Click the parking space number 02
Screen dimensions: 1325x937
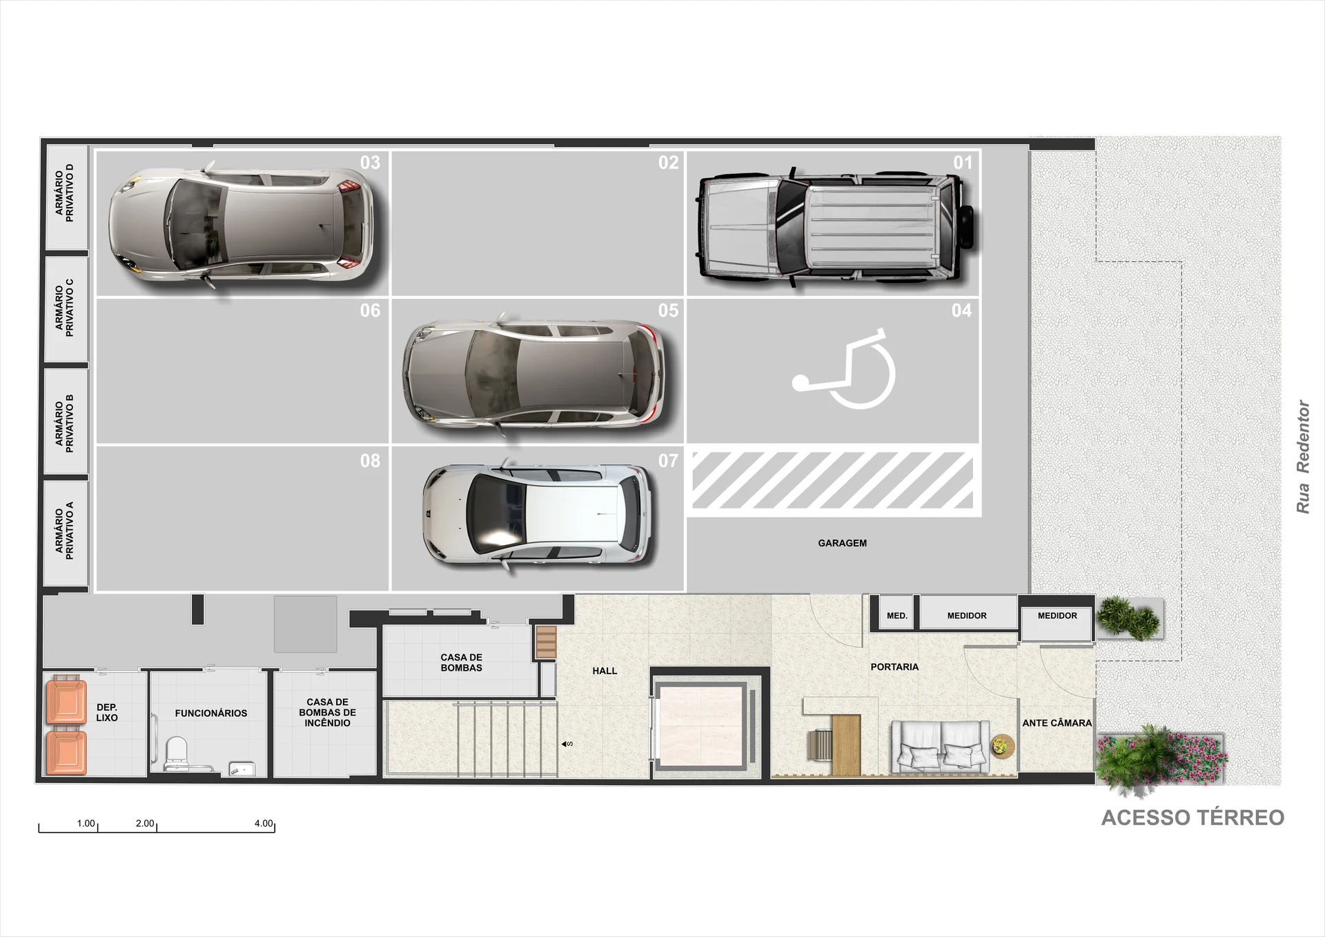pyautogui.click(x=668, y=163)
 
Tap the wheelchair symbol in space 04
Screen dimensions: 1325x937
pyautogui.click(x=844, y=370)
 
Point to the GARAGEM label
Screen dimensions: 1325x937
pyautogui.click(x=842, y=543)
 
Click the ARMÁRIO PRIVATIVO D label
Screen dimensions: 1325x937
pyautogui.click(x=64, y=193)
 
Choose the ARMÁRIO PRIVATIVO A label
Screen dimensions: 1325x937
pyautogui.click(x=64, y=530)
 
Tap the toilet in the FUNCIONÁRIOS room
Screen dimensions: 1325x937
pyautogui.click(x=177, y=751)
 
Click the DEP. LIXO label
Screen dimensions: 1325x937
pyautogui.click(x=107, y=713)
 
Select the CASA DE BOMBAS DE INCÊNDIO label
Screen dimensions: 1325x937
pyautogui.click(x=327, y=713)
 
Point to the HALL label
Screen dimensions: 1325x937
pyautogui.click(x=605, y=671)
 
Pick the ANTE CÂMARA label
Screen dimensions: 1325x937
pyautogui.click(x=1057, y=723)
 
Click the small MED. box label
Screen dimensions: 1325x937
pyautogui.click(x=897, y=615)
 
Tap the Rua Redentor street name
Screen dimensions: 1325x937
pyautogui.click(x=1302, y=457)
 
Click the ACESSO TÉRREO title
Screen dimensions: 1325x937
pyautogui.click(x=1192, y=818)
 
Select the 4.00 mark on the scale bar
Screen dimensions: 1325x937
pyautogui.click(x=264, y=823)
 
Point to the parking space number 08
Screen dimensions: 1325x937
pyautogui.click(x=370, y=461)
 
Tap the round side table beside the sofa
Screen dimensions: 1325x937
pyautogui.click(x=1001, y=746)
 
